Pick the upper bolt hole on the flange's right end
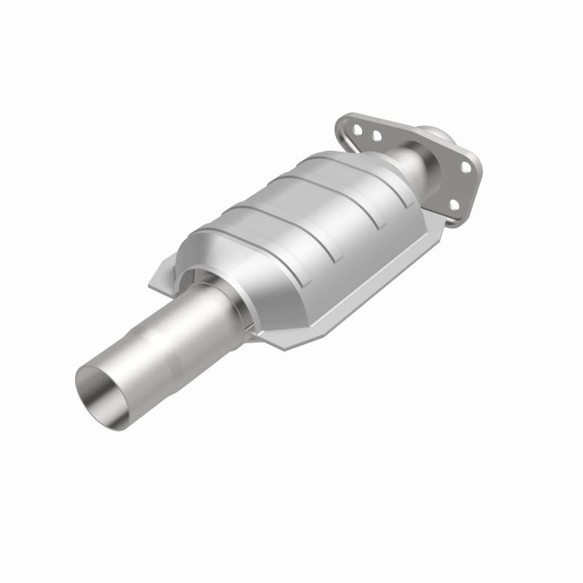(464, 167)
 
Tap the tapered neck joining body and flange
(412, 165)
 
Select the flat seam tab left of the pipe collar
(163, 280)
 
